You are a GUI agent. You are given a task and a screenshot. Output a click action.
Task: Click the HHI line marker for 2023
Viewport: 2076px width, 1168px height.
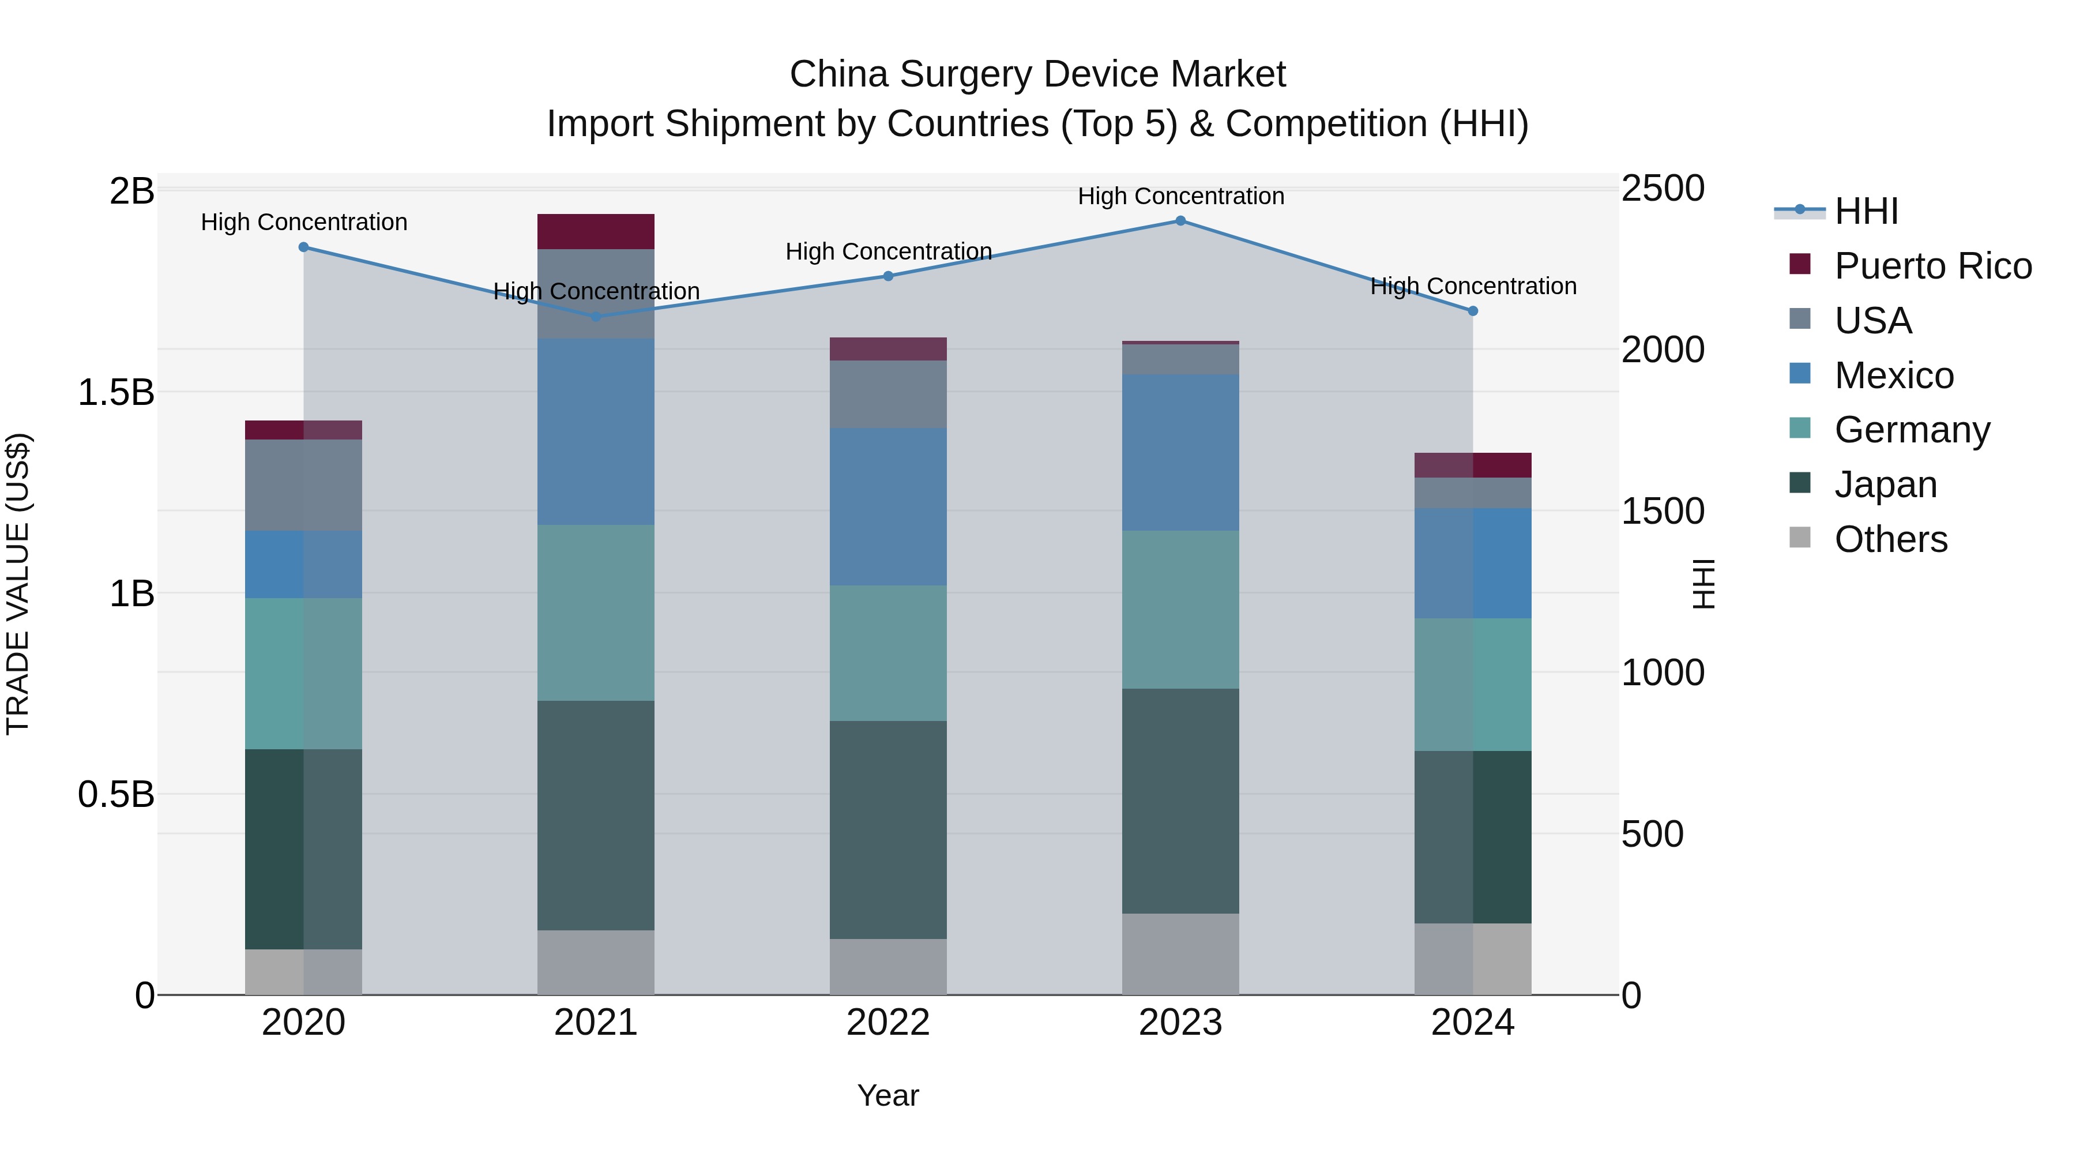[1180, 220]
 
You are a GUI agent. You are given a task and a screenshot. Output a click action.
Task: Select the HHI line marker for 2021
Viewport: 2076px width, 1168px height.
[596, 317]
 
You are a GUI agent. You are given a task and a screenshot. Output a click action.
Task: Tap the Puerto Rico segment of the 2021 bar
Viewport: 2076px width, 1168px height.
[596, 231]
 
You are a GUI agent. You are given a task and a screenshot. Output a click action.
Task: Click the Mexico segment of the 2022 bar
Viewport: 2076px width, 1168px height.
[888, 506]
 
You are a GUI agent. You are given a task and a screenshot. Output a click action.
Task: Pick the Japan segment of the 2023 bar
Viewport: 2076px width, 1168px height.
[1180, 801]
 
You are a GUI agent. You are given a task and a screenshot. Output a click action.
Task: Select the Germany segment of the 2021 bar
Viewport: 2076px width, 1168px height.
[596, 613]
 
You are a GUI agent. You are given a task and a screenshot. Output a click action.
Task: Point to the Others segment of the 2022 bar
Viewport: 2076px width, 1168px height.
[888, 967]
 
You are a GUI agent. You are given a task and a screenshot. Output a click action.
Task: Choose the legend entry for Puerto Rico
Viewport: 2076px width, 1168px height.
[1932, 266]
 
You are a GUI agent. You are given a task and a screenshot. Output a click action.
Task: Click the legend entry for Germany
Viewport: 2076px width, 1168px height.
[1911, 430]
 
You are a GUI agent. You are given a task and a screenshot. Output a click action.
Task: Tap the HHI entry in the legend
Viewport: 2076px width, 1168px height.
[1866, 211]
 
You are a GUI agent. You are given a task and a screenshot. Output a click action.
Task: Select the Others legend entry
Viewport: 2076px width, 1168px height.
[1890, 539]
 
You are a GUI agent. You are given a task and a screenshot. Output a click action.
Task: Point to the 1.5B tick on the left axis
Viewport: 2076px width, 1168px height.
[116, 393]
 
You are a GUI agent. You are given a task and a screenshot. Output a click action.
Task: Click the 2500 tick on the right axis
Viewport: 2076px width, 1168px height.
[1662, 189]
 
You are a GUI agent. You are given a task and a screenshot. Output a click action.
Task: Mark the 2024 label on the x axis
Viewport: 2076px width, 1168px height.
[1472, 1023]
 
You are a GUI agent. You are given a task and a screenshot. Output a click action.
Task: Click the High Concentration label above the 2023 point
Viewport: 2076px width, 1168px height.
[1180, 196]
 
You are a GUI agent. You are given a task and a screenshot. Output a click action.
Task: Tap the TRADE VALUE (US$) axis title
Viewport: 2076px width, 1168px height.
[18, 584]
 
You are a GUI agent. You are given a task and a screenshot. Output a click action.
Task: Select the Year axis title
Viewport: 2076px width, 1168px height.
[887, 1095]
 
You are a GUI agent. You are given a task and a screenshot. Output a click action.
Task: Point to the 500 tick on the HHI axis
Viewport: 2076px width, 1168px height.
[1652, 833]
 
